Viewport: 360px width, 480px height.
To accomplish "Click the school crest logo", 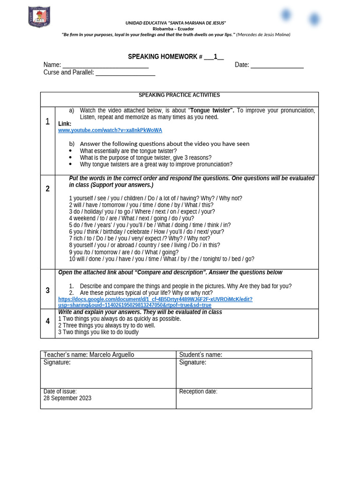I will point(39,16).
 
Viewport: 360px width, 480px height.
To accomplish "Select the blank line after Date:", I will point(277,65).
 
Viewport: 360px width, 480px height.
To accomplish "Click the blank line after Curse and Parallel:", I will point(125,73).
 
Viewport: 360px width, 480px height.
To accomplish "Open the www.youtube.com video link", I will point(110,130).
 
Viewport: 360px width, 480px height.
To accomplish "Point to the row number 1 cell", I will point(47,122).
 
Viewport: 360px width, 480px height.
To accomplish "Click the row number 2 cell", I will point(47,189).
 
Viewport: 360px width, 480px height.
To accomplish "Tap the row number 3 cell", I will point(47,291).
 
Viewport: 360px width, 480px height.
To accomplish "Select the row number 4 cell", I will point(47,321).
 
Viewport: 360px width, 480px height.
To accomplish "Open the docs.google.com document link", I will point(155,302).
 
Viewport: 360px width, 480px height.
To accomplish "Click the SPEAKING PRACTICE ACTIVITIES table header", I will point(179,95).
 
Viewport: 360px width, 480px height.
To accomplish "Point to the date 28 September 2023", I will point(67,398).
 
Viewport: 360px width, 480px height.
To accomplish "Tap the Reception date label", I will point(198,391).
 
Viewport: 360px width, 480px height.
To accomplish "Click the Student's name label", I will point(200,355).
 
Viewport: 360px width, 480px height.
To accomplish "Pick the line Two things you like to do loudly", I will point(101,332).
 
